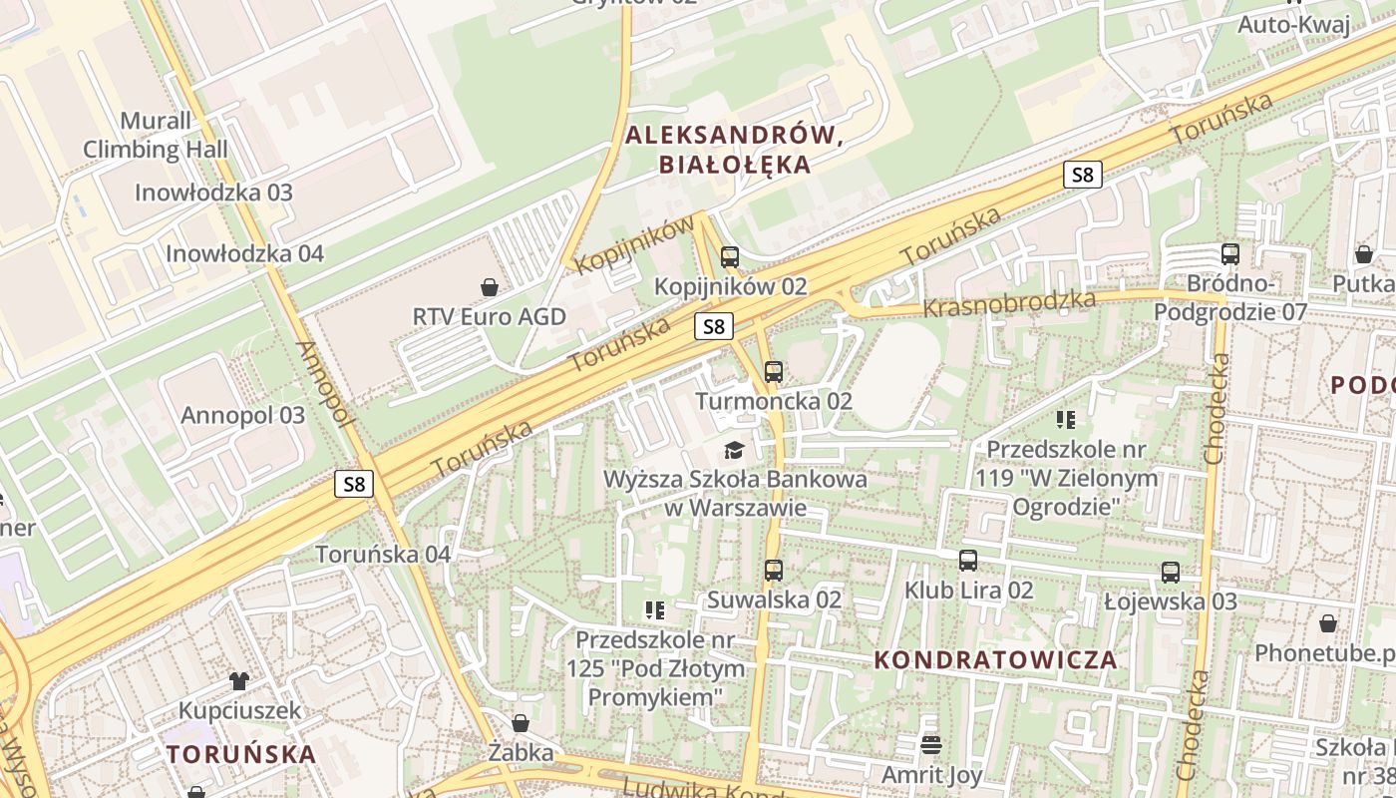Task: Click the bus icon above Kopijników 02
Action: coord(730,257)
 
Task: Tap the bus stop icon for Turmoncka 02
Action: coord(773,372)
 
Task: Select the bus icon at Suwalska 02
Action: coord(773,571)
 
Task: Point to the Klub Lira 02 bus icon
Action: coord(968,561)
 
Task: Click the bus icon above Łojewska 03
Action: coord(1171,573)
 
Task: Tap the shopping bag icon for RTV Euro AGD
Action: coord(490,287)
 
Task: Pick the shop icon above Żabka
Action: coord(520,723)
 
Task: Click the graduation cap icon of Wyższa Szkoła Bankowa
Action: coord(735,450)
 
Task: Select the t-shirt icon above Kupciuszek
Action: coord(239,681)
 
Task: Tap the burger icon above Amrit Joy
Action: coord(931,745)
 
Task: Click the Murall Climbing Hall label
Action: coord(155,136)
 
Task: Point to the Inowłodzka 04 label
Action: coord(244,253)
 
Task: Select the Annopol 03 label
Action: coord(242,415)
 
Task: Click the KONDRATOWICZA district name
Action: coord(995,659)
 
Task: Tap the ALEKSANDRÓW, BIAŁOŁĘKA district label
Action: coord(735,151)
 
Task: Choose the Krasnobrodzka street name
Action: coord(1008,303)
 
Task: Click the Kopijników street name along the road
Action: coord(634,244)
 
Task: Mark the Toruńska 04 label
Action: coord(383,554)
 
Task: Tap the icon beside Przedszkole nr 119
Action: coord(1066,420)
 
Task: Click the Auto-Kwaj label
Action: coord(1293,25)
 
